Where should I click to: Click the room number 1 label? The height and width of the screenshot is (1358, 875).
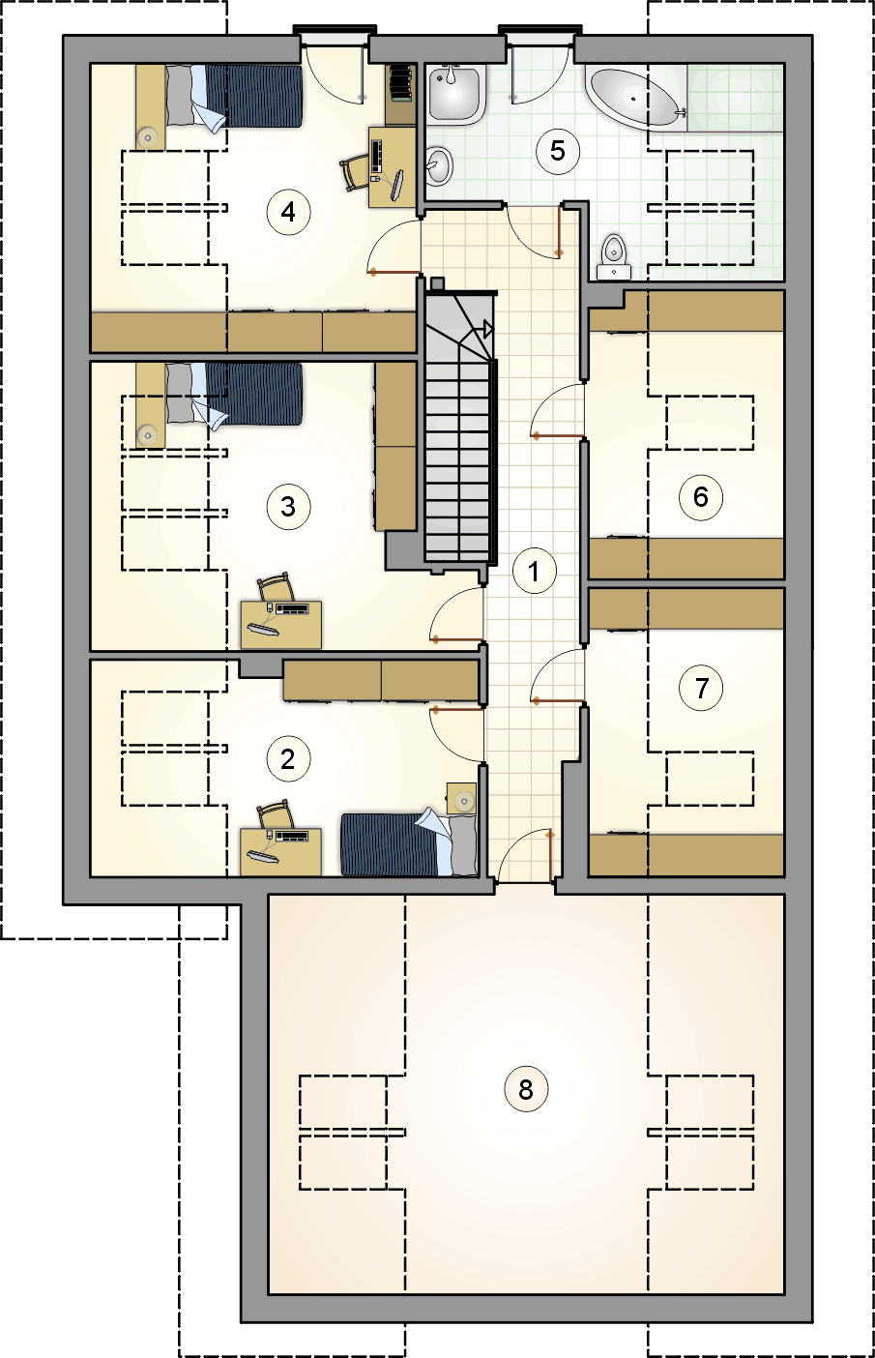[534, 571]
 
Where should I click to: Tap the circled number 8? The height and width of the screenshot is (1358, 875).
[526, 1089]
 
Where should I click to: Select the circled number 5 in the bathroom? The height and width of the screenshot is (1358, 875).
[558, 151]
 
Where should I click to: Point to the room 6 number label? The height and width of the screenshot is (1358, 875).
[701, 497]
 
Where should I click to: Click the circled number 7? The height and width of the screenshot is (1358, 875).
[701, 688]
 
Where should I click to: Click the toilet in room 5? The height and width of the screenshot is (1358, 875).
[615, 257]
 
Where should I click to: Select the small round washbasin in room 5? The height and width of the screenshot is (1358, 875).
[439, 165]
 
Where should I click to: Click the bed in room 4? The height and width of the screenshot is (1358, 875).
[233, 97]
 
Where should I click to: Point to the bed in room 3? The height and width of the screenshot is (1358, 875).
[233, 394]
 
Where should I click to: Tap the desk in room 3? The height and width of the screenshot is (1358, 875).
[281, 625]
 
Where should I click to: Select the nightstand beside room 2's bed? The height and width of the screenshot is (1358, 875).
[462, 798]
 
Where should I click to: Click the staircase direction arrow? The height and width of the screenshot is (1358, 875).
[488, 330]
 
